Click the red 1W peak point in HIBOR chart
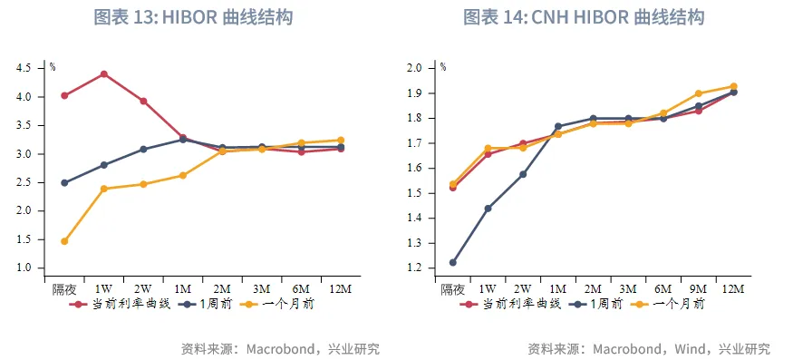pyautogui.click(x=104, y=73)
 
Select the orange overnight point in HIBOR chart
pyautogui.click(x=64, y=241)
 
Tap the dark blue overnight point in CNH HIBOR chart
pyautogui.click(x=453, y=262)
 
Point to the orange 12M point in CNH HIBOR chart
pyautogui.click(x=733, y=86)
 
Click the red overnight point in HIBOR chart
pyautogui.click(x=64, y=95)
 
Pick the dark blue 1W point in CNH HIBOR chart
pyautogui.click(x=488, y=209)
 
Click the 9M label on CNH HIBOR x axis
pyautogui.click(x=698, y=288)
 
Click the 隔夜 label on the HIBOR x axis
pyautogui.click(x=63, y=288)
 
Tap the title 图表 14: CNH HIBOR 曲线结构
pyautogui.click(x=584, y=17)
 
